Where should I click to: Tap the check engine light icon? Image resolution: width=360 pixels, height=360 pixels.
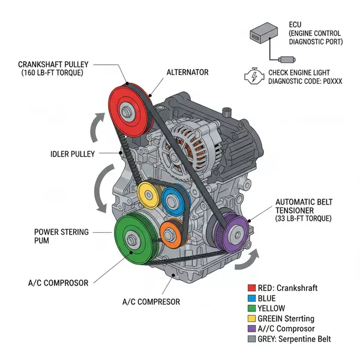(x=253, y=76)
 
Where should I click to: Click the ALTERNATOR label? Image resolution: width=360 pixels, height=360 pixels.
(x=187, y=72)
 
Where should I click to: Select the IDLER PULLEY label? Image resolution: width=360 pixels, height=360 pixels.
(x=72, y=154)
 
